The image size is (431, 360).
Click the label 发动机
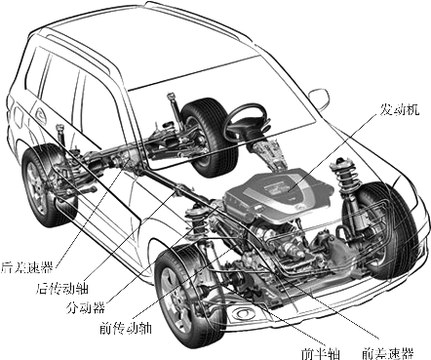pos(400,109)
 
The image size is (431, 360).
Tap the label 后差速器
pos(26,267)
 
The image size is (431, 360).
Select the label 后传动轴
pos(62,288)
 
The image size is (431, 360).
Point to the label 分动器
pos(85,306)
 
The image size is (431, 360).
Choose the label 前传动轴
pos(126,328)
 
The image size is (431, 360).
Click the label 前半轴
pos(321,353)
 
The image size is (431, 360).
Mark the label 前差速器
pos(388,353)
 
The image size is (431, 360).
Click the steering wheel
pos(246,121)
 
